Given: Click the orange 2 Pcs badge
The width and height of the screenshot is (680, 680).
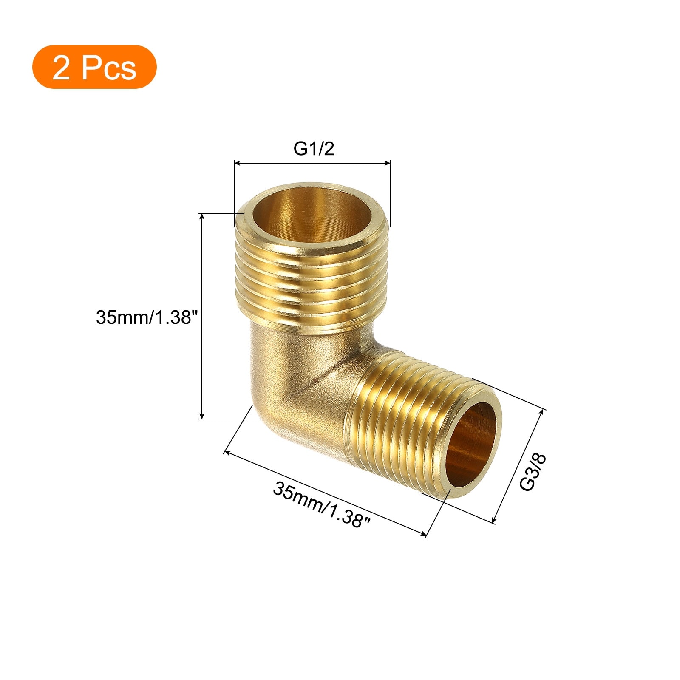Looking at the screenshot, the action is (x=94, y=67).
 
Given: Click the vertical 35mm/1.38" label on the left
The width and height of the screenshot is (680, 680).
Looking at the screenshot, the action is (x=147, y=317).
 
